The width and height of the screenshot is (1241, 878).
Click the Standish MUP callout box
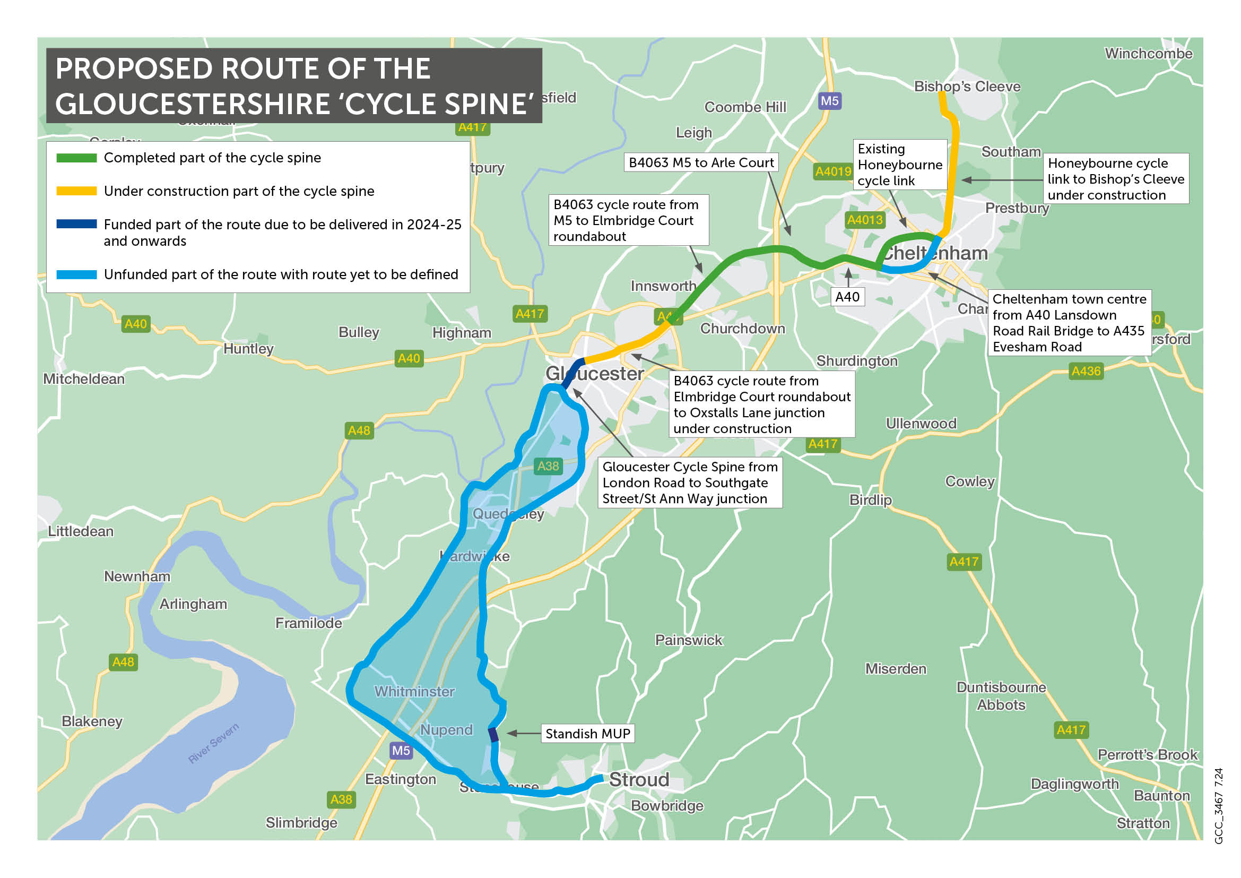pyautogui.click(x=587, y=734)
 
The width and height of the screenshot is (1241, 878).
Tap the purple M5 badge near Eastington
pyautogui.click(x=401, y=751)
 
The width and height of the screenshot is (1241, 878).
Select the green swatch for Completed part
pyautogui.click(x=76, y=158)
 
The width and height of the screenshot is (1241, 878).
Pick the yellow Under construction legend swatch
pyautogui.click(x=76, y=191)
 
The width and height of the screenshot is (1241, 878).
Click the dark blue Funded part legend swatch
pyautogui.click(x=76, y=224)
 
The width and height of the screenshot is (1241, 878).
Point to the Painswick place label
pyautogui.click(x=688, y=640)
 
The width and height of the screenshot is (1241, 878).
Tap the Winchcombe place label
pyautogui.click(x=1148, y=54)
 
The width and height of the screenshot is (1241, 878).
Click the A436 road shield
pyautogui.click(x=1086, y=371)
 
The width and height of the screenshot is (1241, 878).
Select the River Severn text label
pyautogui.click(x=213, y=743)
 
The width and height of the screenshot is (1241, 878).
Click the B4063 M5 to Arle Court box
pyautogui.click(x=701, y=163)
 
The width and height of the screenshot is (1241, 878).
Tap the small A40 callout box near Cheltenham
pyautogui.click(x=847, y=297)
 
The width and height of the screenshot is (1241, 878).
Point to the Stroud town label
pyautogui.click(x=639, y=780)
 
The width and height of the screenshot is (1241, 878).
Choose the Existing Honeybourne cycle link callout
pyautogui.click(x=899, y=165)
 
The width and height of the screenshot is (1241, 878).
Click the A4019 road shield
pyautogui.click(x=833, y=171)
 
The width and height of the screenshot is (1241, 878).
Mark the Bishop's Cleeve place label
pyautogui.click(x=967, y=87)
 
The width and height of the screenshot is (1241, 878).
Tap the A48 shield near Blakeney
pyautogui.click(x=123, y=662)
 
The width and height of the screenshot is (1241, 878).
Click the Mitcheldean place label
pyautogui.click(x=84, y=379)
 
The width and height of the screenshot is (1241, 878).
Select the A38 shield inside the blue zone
pyautogui.click(x=548, y=466)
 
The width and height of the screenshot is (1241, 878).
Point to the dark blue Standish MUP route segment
pyautogui.click(x=493, y=735)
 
